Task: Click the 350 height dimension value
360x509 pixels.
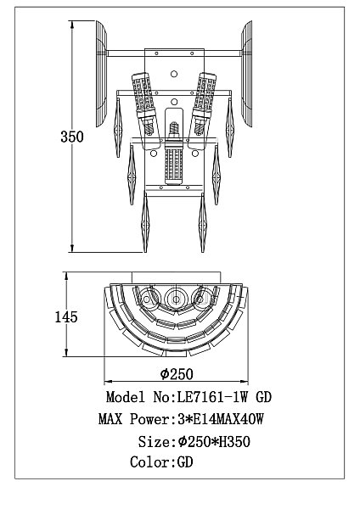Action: [72, 137]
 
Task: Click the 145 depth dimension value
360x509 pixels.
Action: [66, 316]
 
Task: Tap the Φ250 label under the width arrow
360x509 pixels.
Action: [177, 374]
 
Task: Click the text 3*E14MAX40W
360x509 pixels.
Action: [220, 419]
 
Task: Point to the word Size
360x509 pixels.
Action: [154, 442]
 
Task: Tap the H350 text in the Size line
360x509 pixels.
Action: [234, 442]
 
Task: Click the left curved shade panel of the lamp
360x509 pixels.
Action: [101, 74]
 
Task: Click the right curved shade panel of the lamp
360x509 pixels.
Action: [246, 74]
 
